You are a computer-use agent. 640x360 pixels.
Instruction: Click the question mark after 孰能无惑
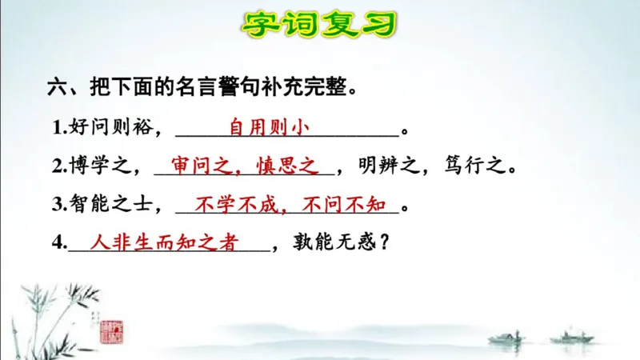point(384,244)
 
